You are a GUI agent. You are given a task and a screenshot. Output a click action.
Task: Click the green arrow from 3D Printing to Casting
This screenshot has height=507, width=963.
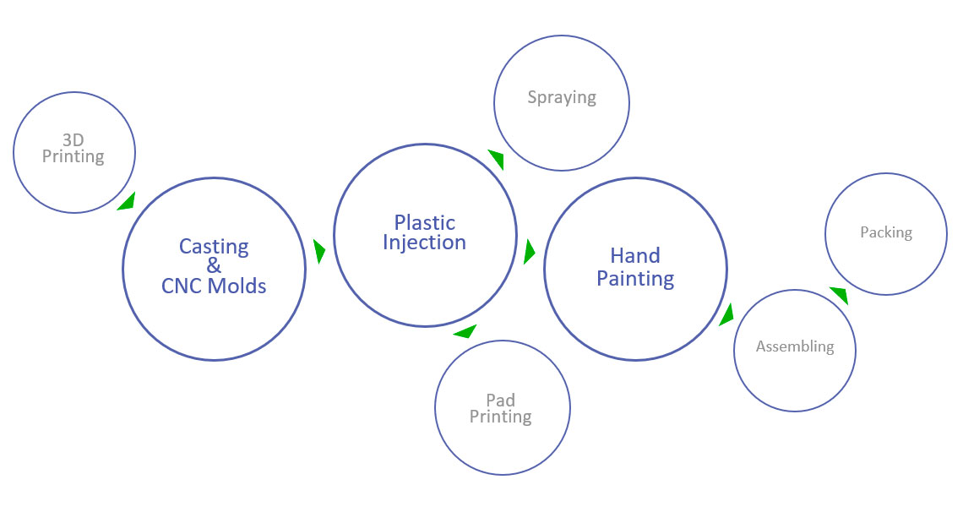[x=128, y=201]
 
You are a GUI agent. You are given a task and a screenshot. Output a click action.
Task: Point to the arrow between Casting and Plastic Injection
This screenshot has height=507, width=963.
[x=319, y=251]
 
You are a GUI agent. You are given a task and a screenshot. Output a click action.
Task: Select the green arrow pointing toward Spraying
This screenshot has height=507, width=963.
[x=497, y=159]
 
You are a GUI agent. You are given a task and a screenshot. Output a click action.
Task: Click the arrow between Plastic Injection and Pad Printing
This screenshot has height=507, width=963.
[x=465, y=331]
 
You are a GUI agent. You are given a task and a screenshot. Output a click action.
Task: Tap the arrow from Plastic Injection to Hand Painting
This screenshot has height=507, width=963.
[x=530, y=251]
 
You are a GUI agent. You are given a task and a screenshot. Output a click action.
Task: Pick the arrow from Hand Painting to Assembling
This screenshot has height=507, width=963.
[x=726, y=314]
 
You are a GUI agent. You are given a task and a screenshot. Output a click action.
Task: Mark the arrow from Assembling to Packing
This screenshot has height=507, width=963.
[x=839, y=295]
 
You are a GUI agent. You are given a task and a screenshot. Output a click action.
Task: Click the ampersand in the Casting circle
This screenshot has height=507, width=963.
[x=214, y=266]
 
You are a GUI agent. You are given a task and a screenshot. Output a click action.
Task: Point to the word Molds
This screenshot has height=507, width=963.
[x=239, y=286]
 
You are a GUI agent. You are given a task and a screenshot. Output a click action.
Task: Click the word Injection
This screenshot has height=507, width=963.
[x=424, y=243]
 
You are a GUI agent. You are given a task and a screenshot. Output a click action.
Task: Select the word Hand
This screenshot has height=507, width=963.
[x=635, y=255]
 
